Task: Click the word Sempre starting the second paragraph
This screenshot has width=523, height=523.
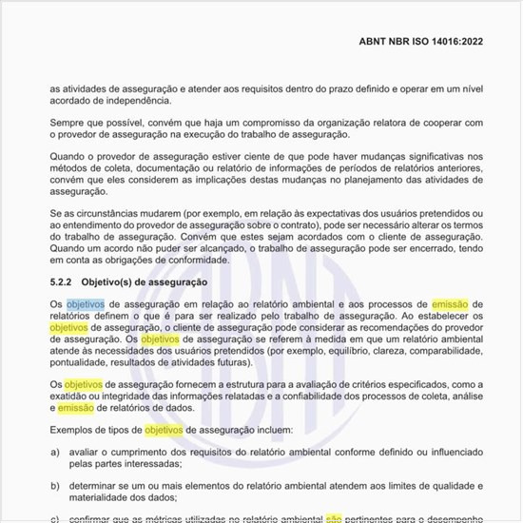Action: tap(68, 122)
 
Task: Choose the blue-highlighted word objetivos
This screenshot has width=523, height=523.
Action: tap(86, 303)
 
